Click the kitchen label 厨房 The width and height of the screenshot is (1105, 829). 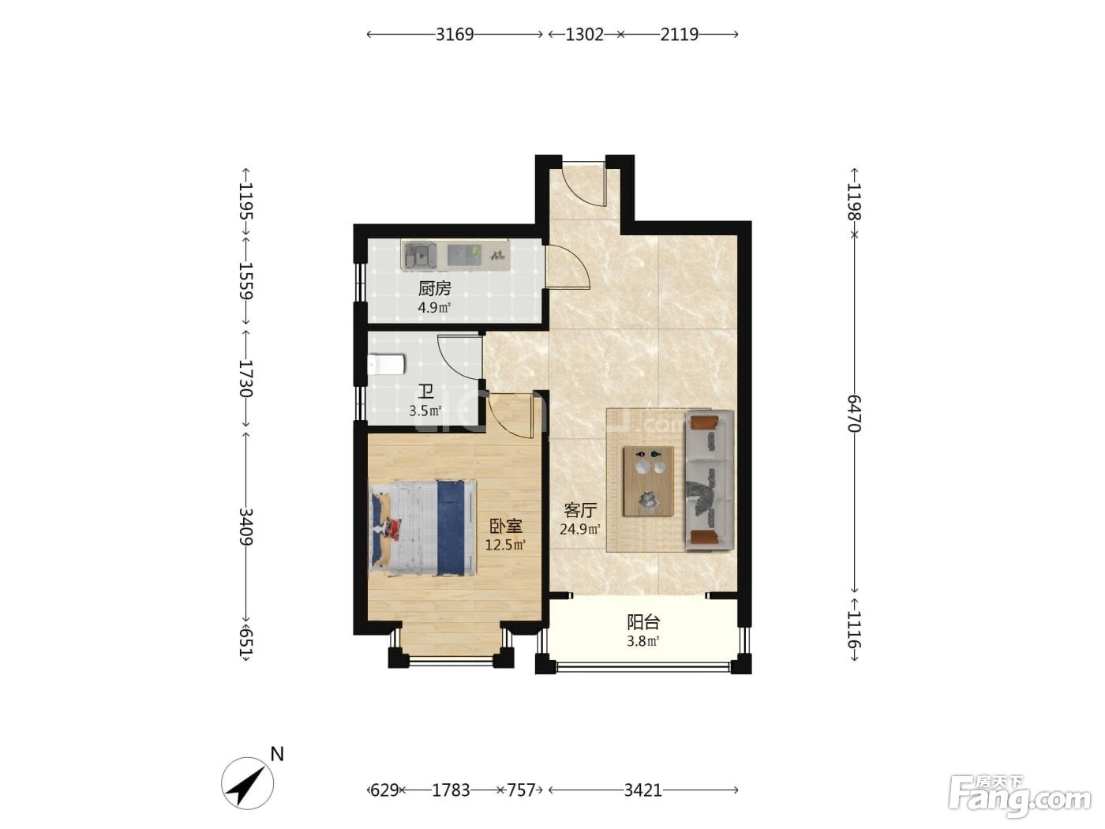pyautogui.click(x=434, y=288)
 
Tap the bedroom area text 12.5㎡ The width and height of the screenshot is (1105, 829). pyautogui.click(x=505, y=545)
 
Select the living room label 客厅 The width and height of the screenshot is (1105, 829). pyautogui.click(x=580, y=510)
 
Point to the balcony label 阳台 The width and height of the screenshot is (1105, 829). pyautogui.click(x=642, y=623)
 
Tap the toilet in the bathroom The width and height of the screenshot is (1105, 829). pyautogui.click(x=387, y=365)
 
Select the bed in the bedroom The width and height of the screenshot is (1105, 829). pyautogui.click(x=422, y=527)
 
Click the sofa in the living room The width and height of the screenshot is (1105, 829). pyautogui.click(x=710, y=480)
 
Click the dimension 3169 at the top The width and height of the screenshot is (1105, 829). pyautogui.click(x=455, y=34)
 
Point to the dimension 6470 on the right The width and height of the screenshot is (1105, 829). pyautogui.click(x=854, y=413)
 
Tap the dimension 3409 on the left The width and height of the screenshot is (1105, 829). pyautogui.click(x=245, y=527)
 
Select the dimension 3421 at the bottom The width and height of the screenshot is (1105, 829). pyautogui.click(x=642, y=790)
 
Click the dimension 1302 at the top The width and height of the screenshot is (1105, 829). pyautogui.click(x=585, y=34)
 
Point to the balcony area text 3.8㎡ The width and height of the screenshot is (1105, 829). pyautogui.click(x=642, y=641)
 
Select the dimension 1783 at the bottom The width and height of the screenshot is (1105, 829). pyautogui.click(x=451, y=790)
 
